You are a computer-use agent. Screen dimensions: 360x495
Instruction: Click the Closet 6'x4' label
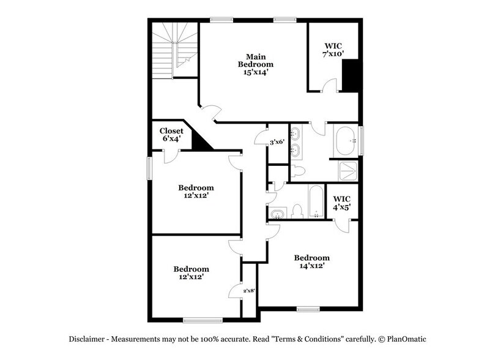click(171, 135)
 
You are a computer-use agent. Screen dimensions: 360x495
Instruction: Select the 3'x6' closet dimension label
click(277, 143)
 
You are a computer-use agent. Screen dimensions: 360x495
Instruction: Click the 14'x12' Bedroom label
click(311, 262)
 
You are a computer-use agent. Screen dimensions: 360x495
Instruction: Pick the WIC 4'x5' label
click(341, 202)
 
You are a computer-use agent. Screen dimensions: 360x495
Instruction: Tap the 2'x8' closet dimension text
click(248, 290)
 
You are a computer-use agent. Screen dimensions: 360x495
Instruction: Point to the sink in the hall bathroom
click(277, 214)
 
